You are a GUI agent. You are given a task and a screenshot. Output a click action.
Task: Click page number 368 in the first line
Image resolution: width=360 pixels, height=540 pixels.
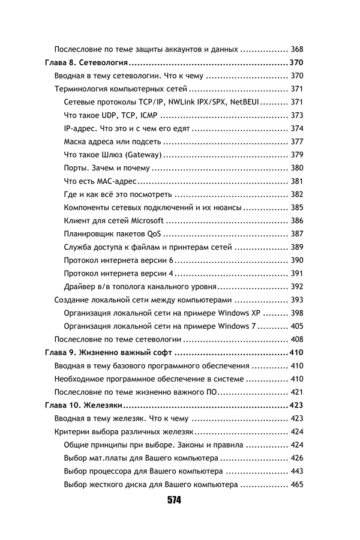[296, 49]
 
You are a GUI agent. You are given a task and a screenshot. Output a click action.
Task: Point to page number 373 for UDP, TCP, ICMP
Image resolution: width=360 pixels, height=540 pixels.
[296, 115]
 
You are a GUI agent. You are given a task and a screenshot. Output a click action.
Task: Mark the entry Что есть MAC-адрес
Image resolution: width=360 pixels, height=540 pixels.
[100, 181]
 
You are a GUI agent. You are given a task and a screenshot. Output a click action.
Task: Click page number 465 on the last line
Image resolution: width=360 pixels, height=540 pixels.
[296, 484]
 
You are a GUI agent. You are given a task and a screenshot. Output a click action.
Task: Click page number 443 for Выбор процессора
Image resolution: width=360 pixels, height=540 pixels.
[296, 471]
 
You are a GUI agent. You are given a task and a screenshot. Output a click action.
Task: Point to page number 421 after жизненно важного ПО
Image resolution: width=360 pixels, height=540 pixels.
[296, 392]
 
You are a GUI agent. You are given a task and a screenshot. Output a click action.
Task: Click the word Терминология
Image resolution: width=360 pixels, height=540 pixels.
[84, 89]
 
